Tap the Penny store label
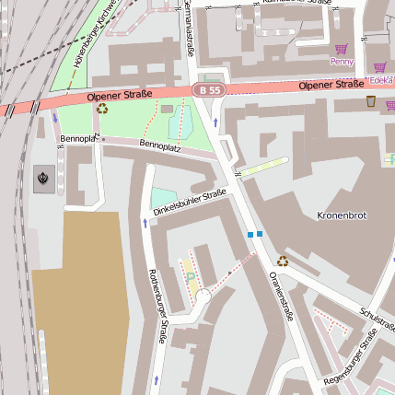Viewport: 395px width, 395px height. pyautogui.click(x=342, y=62)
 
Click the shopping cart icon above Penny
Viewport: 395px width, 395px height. pyautogui.click(x=342, y=49)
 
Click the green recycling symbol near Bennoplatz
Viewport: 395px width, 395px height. pyautogui.click(x=102, y=109)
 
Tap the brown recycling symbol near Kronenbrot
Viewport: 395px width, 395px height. pyautogui.click(x=283, y=261)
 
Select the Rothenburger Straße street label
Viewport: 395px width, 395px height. pyautogui.click(x=157, y=308)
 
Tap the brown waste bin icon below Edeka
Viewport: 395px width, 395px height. pyautogui.click(x=370, y=101)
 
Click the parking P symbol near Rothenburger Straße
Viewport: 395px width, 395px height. pyautogui.click(x=191, y=275)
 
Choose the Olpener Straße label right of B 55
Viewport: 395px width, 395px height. pyautogui.click(x=331, y=85)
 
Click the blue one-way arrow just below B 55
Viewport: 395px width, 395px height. pyautogui.click(x=215, y=122)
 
